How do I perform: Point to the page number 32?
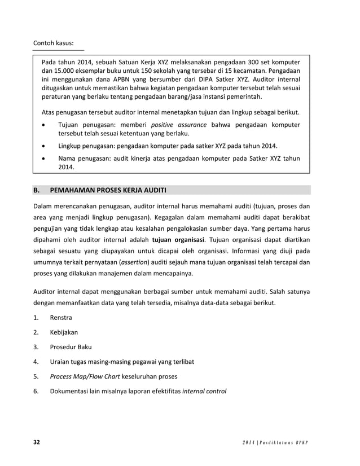[x=37, y=441]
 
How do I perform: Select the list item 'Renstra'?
[x=61, y=318]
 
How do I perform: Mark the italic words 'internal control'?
[x=204, y=391]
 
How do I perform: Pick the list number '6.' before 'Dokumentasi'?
[x=36, y=391]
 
